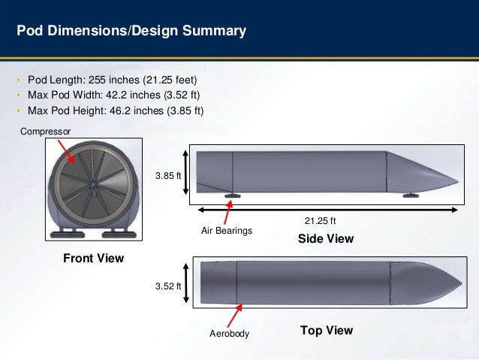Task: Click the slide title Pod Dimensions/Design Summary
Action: pos(131,32)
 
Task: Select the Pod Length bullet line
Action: pos(115,80)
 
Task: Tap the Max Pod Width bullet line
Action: pos(115,95)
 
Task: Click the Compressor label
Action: pos(46,131)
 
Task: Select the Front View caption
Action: pos(93,258)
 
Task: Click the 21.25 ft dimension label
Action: pos(320,221)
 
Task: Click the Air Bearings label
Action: pos(227,231)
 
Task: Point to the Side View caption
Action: pos(325,239)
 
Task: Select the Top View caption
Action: pos(326,331)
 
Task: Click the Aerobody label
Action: pos(228,333)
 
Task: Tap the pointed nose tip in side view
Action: pos(457,181)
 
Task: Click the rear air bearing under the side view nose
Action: pos(411,196)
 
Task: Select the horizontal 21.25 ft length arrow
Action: pos(327,208)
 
